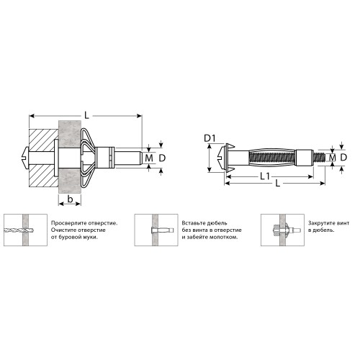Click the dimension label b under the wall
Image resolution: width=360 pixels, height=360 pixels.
[x=70, y=199]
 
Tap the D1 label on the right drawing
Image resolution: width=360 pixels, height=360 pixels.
[x=210, y=138]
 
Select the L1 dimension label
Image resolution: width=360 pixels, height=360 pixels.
[x=265, y=176]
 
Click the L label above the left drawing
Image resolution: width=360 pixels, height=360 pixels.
[x=86, y=116]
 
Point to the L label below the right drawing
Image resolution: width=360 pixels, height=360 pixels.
[x=278, y=184]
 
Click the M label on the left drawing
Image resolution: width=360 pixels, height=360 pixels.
[x=149, y=158]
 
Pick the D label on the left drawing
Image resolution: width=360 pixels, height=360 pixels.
[x=162, y=158]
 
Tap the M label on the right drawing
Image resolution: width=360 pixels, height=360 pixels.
[x=333, y=158]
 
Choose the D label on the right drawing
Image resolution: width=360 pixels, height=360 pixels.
[x=343, y=158]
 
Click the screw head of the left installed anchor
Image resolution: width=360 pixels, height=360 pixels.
[x=25, y=158]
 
